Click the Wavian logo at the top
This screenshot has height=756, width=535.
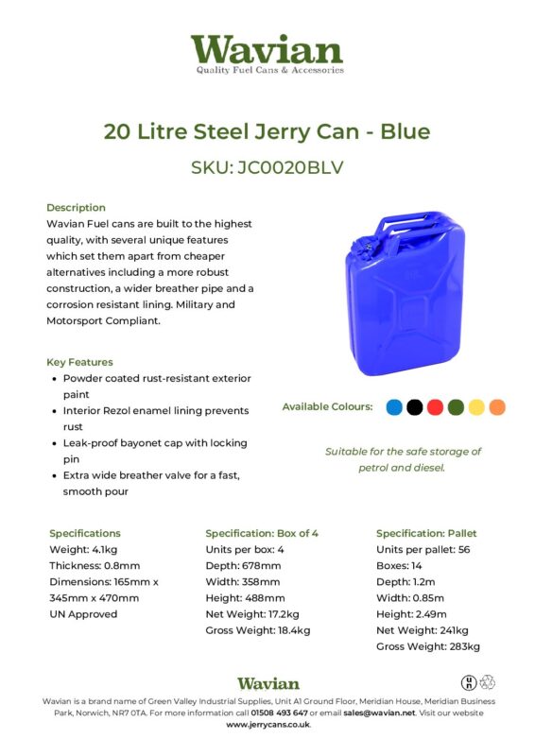pos(267,53)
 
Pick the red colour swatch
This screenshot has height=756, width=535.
pos(435,407)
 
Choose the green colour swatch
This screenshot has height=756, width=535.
pos(456,407)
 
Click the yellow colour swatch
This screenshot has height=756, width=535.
pos(476,407)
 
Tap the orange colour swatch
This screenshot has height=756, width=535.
pos(497,407)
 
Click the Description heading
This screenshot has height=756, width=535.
pos(76,207)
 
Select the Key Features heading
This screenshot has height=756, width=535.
pos(79,362)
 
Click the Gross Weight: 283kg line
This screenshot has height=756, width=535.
pos(427,646)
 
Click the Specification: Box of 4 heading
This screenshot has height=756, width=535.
pos(262,533)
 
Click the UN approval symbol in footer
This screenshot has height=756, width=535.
pos(468,682)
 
